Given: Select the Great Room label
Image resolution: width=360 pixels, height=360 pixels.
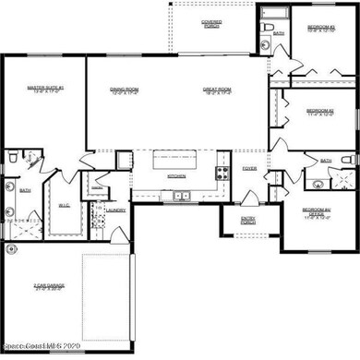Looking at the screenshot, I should [x=217, y=90].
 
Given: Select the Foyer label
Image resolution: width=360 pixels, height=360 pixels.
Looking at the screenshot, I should [x=249, y=169].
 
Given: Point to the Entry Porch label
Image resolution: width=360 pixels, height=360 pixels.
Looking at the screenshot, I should [x=248, y=221].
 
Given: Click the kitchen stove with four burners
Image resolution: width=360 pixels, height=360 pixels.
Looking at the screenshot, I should [x=222, y=172].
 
